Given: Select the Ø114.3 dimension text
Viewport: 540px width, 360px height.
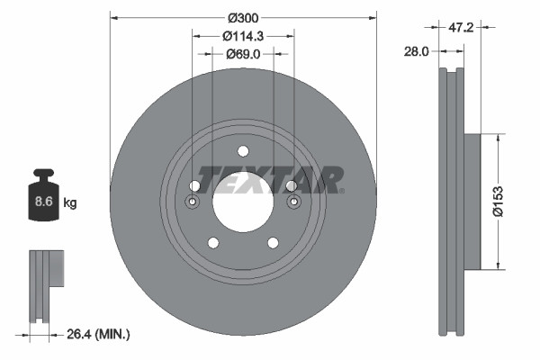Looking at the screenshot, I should pyautogui.click(x=243, y=36).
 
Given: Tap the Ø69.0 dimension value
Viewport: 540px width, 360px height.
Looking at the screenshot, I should pyautogui.click(x=243, y=55).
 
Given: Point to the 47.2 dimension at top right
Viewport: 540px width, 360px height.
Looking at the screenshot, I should pyautogui.click(x=461, y=28).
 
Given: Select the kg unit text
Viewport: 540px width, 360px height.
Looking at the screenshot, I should pyautogui.click(x=70, y=203).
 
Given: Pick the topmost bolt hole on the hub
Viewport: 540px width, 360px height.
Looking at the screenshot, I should pyautogui.click(x=242, y=152).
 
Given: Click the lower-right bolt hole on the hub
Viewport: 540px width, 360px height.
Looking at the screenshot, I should pyautogui.click(x=272, y=242).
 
